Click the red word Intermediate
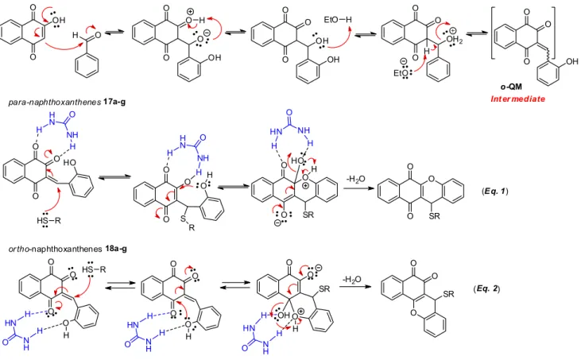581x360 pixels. pos(517,99)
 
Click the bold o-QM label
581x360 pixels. pos(511,87)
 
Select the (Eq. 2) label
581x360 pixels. pos(486,288)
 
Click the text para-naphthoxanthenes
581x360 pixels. pos(55,102)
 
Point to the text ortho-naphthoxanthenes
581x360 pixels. pos(55,249)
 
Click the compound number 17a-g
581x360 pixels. pos(114,102)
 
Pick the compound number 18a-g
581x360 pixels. pos(115,249)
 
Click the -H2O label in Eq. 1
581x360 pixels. pos(355,180)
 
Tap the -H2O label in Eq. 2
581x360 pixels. pos(352,280)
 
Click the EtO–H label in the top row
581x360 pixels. pos(338,20)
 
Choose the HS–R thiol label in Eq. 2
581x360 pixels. pos(94,269)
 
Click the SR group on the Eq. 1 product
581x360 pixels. pos(434,215)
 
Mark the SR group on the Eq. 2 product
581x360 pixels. pos(448,295)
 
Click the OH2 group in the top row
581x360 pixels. pos(455,40)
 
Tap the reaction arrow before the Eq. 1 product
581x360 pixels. pos(357,188)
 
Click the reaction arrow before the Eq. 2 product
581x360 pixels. pos(355,286)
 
